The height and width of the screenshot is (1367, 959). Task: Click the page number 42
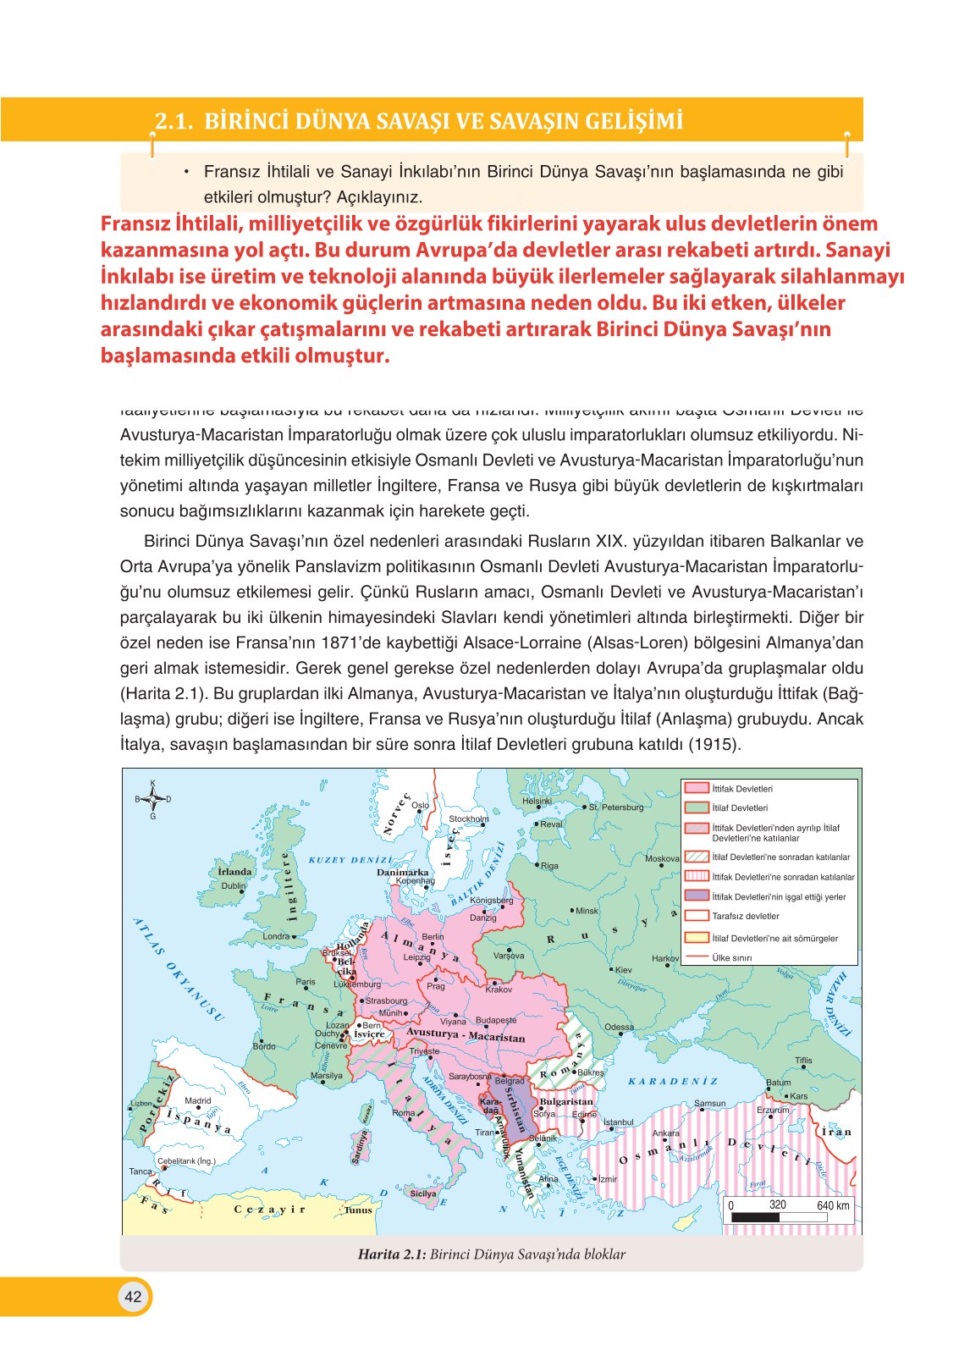pos(133,1297)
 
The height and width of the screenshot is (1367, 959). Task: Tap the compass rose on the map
pos(153,798)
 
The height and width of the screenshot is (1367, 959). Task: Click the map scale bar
pos(779,1216)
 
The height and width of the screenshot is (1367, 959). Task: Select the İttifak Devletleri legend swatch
pos(696,788)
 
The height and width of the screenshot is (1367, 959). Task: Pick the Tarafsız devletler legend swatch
pos(696,916)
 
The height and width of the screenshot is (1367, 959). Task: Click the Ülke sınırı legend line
pos(696,957)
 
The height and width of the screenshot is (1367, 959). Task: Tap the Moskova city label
pos(662,858)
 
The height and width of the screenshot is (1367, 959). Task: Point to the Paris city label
pos(306,982)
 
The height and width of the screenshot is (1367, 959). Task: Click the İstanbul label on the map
pos(618,1122)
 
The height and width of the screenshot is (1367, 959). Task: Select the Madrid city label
pos(197,1100)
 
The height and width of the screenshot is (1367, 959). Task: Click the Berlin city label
pos(433,937)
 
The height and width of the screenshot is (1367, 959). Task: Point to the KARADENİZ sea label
pos(673,1081)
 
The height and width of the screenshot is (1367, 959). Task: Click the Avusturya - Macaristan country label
pos(466,1035)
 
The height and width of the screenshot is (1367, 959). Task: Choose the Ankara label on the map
pos(666,1133)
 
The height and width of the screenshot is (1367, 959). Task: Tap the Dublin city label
pos(233,886)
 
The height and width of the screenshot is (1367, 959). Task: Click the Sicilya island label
pos(423,1193)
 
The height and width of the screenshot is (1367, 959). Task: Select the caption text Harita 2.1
pos(391,1254)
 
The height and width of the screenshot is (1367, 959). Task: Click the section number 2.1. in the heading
pos(174,121)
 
